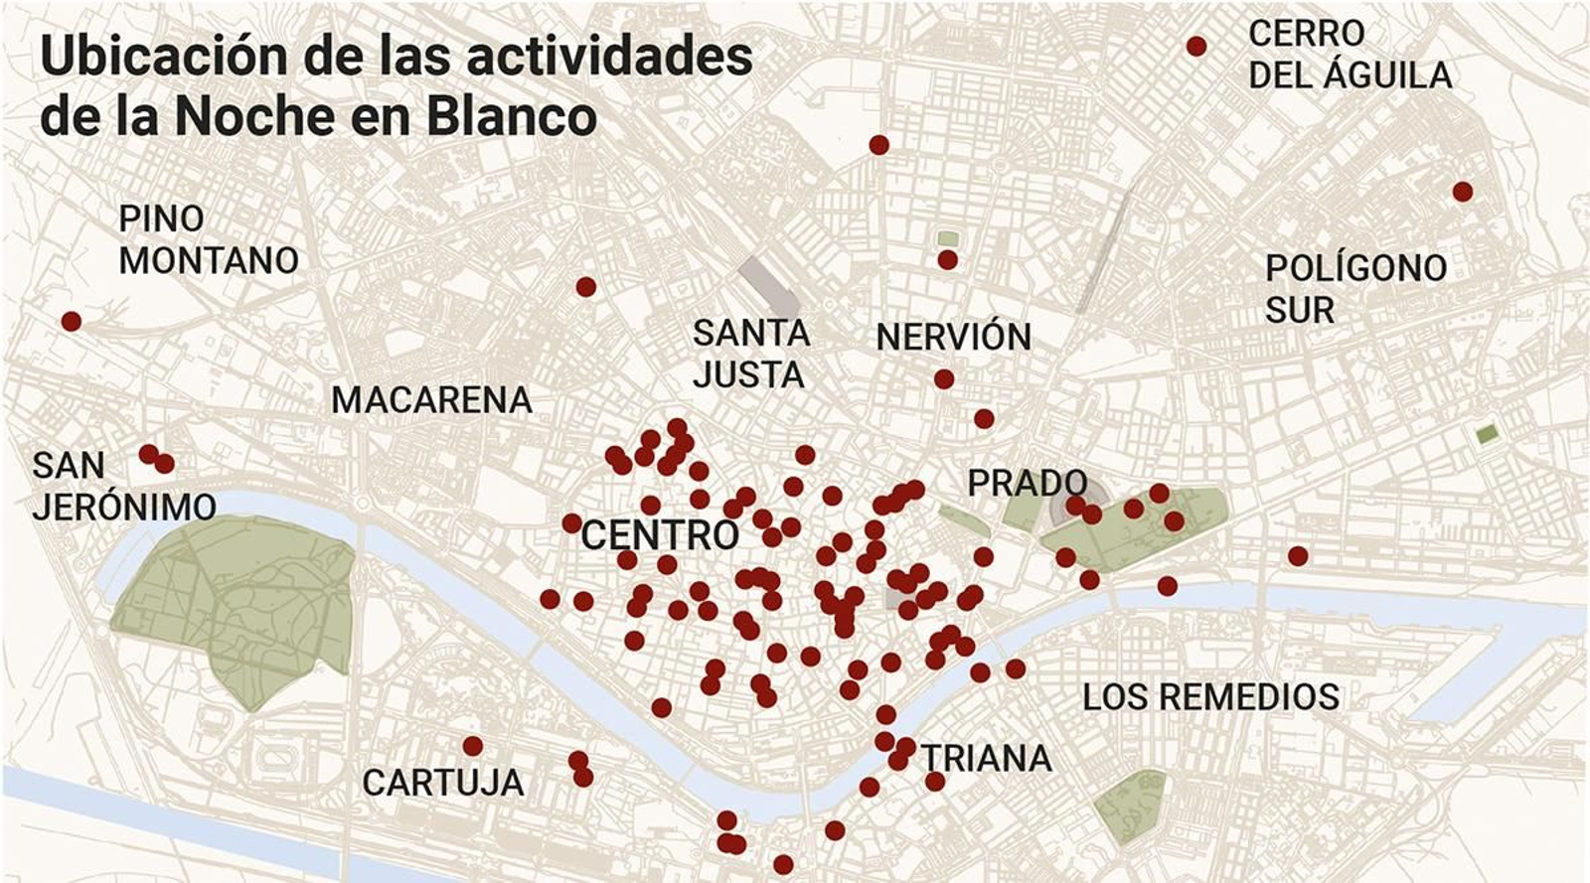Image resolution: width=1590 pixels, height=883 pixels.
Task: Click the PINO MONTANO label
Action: [208, 239]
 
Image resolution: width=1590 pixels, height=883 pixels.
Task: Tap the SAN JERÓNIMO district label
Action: [123, 486]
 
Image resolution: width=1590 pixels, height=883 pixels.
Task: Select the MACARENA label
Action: [431, 400]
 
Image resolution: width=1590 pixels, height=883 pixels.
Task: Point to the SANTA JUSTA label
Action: [750, 354]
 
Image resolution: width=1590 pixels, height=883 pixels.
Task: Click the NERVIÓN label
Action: [953, 338]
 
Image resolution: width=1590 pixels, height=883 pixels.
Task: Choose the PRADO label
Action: [1027, 484]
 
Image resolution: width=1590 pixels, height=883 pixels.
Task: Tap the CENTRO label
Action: [660, 535]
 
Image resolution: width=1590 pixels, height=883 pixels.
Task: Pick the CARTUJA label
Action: [442, 783]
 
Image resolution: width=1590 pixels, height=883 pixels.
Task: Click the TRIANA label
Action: [986, 759]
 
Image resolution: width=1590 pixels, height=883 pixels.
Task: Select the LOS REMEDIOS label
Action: [1210, 697]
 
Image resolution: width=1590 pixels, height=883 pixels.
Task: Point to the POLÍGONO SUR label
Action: [1354, 289]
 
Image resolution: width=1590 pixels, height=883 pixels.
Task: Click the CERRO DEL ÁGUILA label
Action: [1350, 55]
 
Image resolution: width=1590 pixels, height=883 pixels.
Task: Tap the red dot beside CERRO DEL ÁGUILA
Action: [1196, 47]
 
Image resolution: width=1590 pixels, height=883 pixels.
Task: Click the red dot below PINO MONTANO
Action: [71, 322]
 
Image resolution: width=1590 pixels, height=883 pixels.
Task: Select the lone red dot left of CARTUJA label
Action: [473, 746]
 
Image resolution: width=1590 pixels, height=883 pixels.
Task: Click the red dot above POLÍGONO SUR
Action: [1462, 192]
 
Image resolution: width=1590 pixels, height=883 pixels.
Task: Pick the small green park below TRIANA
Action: [1131, 807]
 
